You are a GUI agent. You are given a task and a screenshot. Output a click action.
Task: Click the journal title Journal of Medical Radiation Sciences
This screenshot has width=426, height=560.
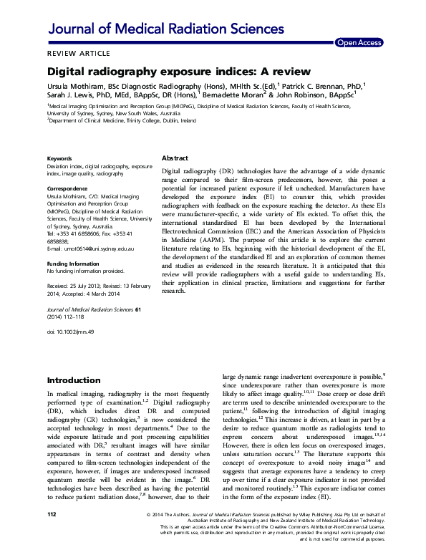(165, 29)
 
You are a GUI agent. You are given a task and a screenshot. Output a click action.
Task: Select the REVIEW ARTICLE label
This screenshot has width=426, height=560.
(79, 54)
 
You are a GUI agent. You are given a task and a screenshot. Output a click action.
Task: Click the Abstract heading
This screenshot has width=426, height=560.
(175, 158)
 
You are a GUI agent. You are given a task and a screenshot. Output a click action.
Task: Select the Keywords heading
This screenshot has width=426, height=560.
(60, 158)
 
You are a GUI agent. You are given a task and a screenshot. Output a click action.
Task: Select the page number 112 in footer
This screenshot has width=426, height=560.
(52, 534)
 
